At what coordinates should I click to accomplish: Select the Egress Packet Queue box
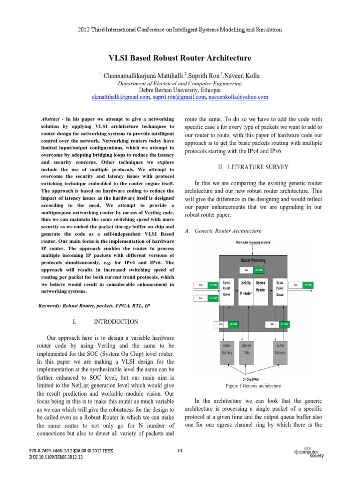tap(279, 289)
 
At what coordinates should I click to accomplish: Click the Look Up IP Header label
tap(246, 288)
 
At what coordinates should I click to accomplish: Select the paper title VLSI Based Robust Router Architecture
tap(180, 58)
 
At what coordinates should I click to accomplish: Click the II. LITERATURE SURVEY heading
tap(253, 167)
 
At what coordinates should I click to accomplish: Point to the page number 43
tap(180, 451)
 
